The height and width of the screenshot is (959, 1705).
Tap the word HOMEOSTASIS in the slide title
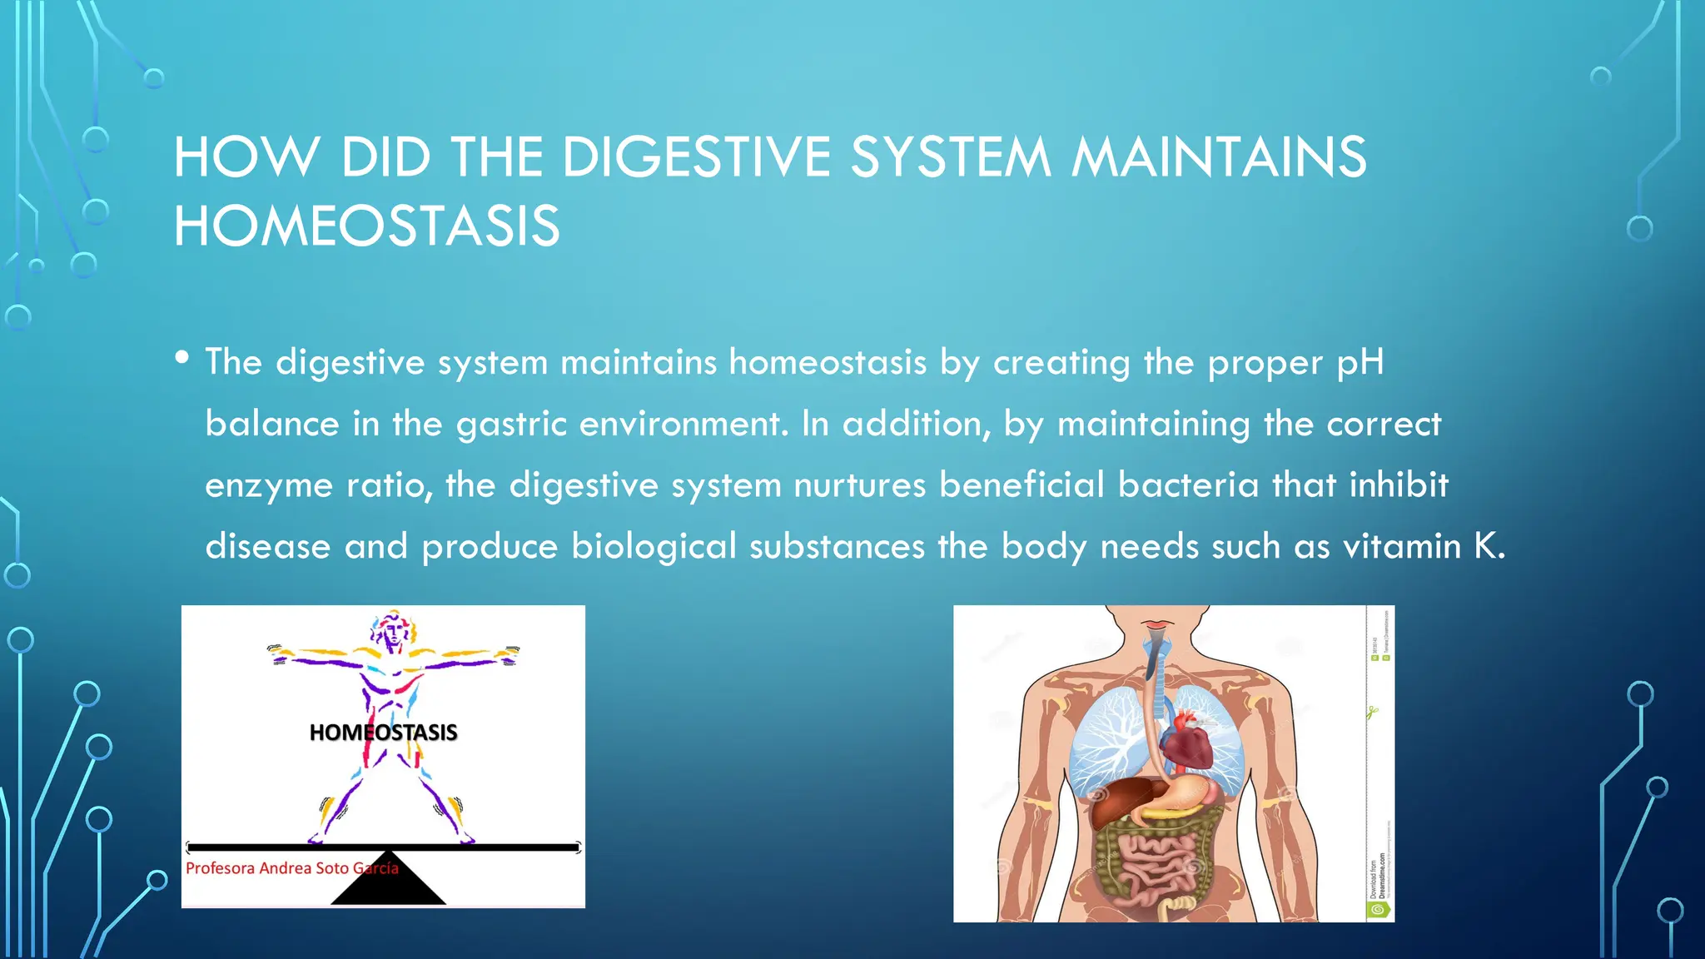click(x=366, y=226)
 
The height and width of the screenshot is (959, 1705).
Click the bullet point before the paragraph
click(x=182, y=358)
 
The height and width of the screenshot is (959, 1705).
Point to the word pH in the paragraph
click(x=1360, y=362)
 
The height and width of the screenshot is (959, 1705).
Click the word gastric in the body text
click(x=511, y=424)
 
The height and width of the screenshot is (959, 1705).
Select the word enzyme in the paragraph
click(x=268, y=485)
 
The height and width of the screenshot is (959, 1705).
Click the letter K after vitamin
click(x=1484, y=546)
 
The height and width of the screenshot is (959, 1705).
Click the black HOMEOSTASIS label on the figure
click(x=383, y=733)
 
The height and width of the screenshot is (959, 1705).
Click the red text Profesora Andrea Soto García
click(x=291, y=868)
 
